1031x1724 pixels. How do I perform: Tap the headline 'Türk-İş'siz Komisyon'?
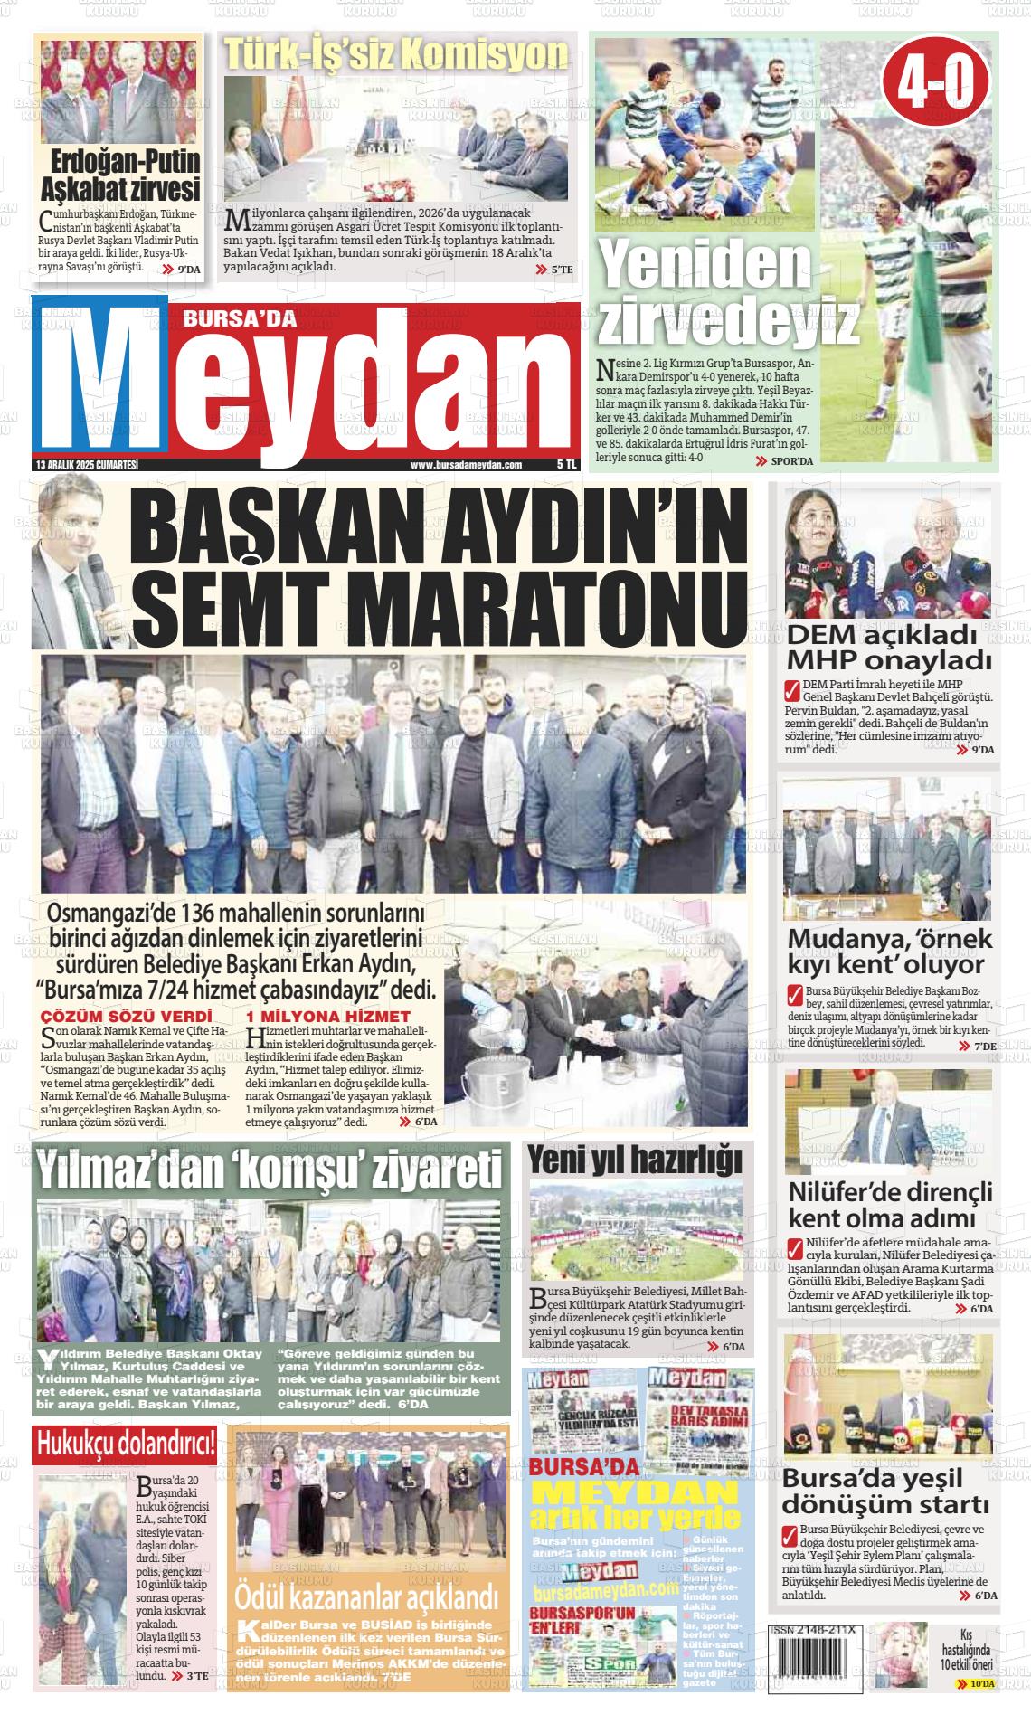pyautogui.click(x=395, y=56)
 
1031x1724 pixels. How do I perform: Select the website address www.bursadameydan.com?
pyautogui.click(x=466, y=465)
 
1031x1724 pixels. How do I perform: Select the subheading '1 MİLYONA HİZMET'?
pyautogui.click(x=327, y=1016)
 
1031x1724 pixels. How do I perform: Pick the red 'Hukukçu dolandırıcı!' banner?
pyautogui.click(x=126, y=1445)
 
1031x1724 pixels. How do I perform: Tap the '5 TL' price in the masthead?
pyautogui.click(x=566, y=465)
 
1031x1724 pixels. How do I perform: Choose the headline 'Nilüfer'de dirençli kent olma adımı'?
pyautogui.click(x=890, y=1203)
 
